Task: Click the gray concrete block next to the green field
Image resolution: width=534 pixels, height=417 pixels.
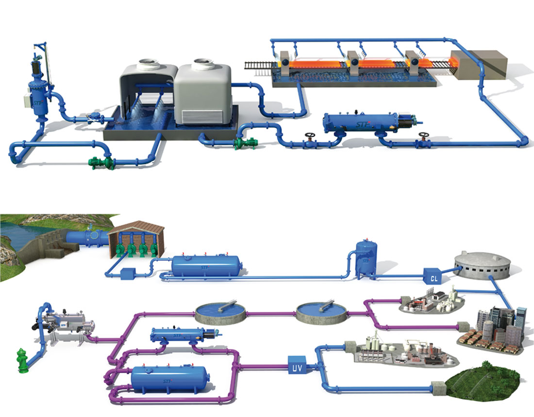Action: [x=439, y=387]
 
